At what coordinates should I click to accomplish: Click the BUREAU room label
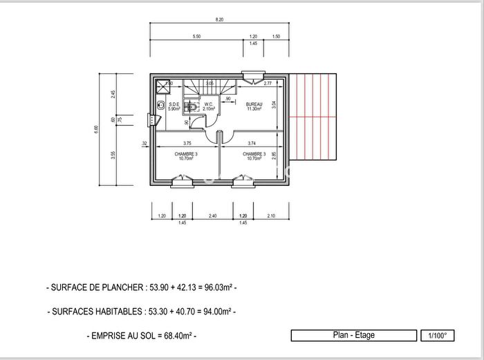(x=254, y=104)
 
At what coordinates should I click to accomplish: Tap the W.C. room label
(x=208, y=104)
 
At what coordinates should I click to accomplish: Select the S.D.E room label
(x=174, y=104)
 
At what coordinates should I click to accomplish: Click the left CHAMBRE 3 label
(x=186, y=154)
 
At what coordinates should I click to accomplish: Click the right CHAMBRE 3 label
(x=254, y=154)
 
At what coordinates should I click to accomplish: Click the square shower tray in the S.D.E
(x=163, y=86)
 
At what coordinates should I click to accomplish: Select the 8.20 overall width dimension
(x=219, y=21)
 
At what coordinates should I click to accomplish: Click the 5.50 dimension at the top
(x=196, y=36)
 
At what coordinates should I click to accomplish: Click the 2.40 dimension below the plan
(x=213, y=216)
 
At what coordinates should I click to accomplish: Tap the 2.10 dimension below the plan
(x=270, y=216)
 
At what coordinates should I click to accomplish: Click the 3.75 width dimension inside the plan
(x=187, y=143)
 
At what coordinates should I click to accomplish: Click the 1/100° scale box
(x=438, y=336)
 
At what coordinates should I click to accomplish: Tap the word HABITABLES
(x=120, y=312)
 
